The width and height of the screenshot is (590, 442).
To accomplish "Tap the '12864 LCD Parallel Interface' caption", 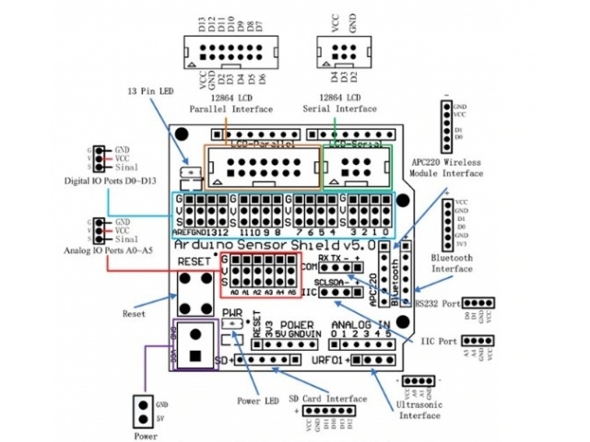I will click(x=230, y=102).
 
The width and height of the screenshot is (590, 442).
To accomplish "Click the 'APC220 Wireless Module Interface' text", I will click(x=450, y=166).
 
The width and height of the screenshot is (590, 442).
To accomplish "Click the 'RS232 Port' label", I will click(x=436, y=301).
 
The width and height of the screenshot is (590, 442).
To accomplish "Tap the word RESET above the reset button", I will click(x=195, y=261).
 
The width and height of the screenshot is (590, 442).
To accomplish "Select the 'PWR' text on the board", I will click(x=232, y=313).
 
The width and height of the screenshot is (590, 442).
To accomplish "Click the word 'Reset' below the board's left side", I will click(x=134, y=313).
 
